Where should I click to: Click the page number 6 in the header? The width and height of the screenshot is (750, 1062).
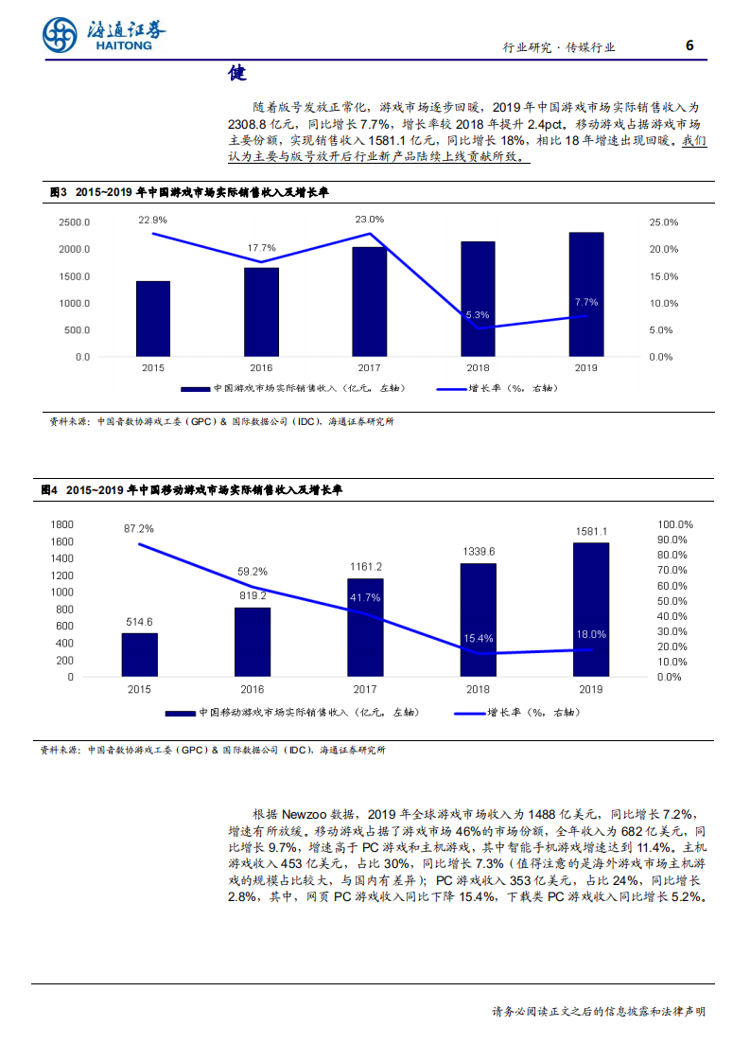click(x=689, y=45)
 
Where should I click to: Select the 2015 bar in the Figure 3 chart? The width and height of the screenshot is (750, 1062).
click(x=153, y=319)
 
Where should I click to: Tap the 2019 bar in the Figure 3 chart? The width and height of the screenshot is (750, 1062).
click(x=586, y=294)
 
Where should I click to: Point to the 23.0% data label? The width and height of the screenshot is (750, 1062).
click(x=370, y=219)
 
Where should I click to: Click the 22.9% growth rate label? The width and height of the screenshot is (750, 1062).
click(x=152, y=220)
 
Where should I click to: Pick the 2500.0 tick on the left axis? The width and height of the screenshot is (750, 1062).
click(x=74, y=222)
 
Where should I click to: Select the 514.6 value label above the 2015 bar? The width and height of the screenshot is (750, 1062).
click(x=139, y=621)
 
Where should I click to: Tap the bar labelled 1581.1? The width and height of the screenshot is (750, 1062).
click(x=591, y=610)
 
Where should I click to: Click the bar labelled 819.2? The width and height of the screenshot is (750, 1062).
click(x=253, y=642)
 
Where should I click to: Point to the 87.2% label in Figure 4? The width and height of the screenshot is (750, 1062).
click(x=138, y=528)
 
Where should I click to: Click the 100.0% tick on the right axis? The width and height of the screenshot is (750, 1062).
click(x=676, y=524)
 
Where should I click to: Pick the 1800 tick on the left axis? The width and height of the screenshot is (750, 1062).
click(x=61, y=524)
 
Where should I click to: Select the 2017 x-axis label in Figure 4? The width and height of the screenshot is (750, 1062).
click(x=366, y=690)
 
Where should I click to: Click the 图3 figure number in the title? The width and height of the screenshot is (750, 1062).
click(x=59, y=192)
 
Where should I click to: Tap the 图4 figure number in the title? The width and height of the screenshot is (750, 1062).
click(x=50, y=490)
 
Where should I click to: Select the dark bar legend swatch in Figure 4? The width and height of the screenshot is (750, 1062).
click(x=181, y=713)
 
